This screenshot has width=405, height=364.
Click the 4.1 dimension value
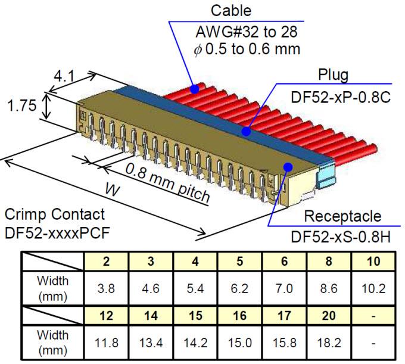[64, 77]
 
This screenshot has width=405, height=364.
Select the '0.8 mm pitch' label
[167, 183]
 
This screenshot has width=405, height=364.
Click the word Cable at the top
[230, 11]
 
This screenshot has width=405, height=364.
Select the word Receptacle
[342, 216]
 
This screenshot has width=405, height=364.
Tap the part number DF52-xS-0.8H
[341, 237]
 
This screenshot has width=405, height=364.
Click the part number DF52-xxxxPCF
[57, 233]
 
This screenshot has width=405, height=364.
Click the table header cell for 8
[329, 260]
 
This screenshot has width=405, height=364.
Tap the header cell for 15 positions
[195, 316]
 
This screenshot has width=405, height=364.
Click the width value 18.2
[329, 343]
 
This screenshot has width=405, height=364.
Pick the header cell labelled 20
[329, 316]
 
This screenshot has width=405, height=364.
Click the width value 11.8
[106, 343]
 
